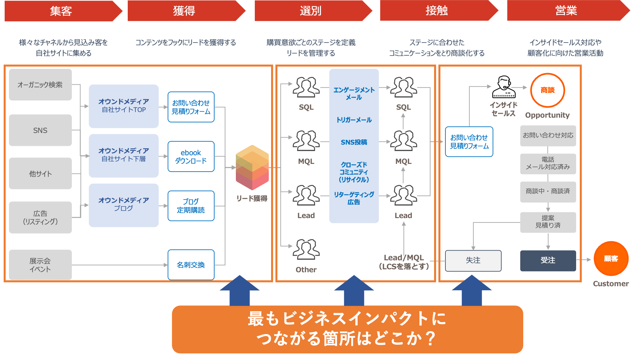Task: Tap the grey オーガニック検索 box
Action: [x=40, y=85]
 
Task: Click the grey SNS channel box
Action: [x=40, y=130]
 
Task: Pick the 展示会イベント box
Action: [x=40, y=265]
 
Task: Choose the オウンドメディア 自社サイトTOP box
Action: [x=124, y=106]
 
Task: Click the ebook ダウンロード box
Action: [x=191, y=157]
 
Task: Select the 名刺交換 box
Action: [x=191, y=265]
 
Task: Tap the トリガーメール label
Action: [x=354, y=120]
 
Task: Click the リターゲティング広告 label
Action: [x=354, y=198]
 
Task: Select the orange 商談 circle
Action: [x=548, y=90]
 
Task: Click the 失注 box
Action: [x=473, y=261]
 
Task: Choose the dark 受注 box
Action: [x=548, y=261]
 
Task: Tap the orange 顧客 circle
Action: [x=611, y=259]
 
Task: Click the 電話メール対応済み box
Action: [x=548, y=164]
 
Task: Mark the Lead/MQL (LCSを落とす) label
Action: [x=404, y=262]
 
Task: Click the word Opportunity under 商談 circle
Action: [x=547, y=115]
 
